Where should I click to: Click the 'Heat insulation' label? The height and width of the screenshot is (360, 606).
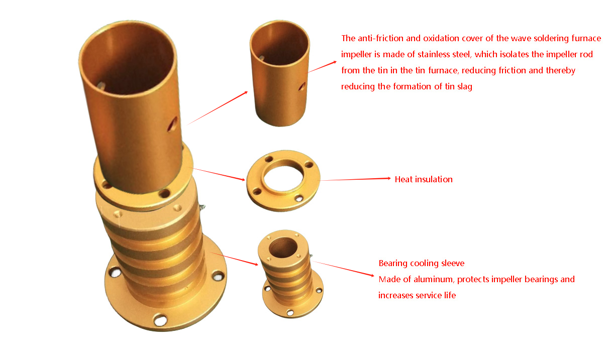[x=424, y=179]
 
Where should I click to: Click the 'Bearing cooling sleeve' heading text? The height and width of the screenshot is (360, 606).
[x=421, y=263]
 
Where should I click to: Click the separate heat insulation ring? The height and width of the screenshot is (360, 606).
[x=283, y=180]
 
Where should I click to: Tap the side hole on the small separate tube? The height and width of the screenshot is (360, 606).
[x=301, y=87]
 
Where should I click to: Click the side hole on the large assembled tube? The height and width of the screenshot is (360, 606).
[x=173, y=122]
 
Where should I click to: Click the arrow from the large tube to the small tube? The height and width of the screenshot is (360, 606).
[x=217, y=107]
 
